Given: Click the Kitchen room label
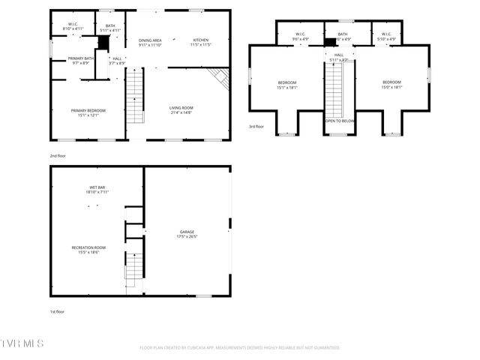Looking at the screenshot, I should click(200, 42).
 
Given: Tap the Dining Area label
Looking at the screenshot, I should click(151, 42).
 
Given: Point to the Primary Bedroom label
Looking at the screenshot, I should click(88, 113).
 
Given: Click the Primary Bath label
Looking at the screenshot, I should click(81, 61).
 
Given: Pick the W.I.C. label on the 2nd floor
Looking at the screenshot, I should click(73, 27).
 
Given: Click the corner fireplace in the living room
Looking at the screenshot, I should click(218, 76).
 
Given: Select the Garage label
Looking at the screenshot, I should click(187, 234).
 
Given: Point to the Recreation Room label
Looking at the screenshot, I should click(88, 250).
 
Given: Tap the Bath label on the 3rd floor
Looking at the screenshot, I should click(343, 36).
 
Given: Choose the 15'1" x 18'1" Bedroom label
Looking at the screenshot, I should click(288, 85).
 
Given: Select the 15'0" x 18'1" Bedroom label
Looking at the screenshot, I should click(392, 85).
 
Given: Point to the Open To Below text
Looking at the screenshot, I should click(340, 120).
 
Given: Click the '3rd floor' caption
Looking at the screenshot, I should click(256, 127).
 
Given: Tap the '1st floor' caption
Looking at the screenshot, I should click(57, 311).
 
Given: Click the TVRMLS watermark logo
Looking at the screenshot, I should click(22, 343).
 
